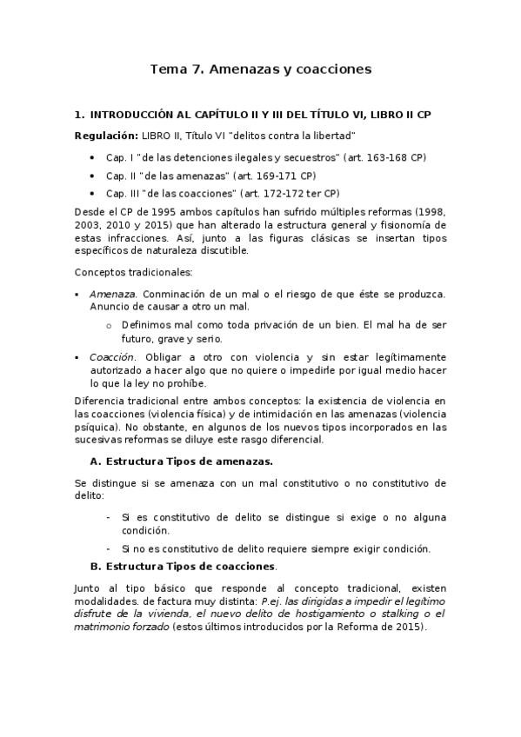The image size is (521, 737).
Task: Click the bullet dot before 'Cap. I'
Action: [x=92, y=157]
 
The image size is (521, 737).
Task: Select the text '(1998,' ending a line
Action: [x=429, y=210]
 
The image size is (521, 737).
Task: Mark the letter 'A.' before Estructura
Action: [x=97, y=461]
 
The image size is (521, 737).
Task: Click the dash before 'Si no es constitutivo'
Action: [x=107, y=548]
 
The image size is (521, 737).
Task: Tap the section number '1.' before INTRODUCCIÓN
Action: [x=79, y=115]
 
